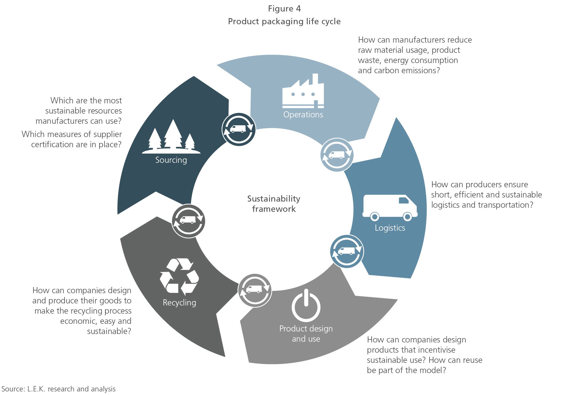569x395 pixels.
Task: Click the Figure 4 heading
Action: coord(284,9)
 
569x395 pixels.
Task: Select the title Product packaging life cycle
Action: coord(284,21)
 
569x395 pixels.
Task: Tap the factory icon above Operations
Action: coord(303,91)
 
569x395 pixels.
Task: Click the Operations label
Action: coord(303,115)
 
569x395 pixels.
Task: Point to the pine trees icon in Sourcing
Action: coord(171,137)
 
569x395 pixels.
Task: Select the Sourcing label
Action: coord(171,160)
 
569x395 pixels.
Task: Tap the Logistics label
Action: coord(390,228)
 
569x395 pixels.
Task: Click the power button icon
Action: coord(306,305)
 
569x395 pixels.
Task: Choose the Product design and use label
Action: coord(306,334)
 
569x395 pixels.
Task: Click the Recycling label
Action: coord(179,303)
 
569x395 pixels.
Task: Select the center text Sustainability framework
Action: coord(274,204)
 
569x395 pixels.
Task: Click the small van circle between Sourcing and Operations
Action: coord(238,129)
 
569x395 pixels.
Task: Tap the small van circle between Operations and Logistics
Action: coord(337,155)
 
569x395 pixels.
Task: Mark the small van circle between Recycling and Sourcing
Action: coord(188,221)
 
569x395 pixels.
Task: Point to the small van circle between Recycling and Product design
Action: coord(255,290)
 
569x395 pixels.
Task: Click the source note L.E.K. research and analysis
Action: coord(59,389)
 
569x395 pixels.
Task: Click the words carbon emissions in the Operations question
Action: coord(407,70)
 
